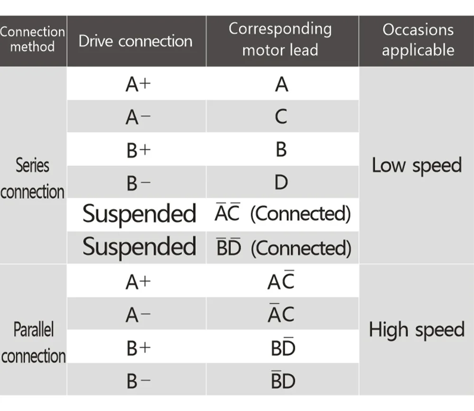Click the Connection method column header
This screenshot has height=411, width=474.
coord(33,39)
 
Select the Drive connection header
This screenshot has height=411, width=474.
coord(136,41)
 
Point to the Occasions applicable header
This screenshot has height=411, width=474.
coord(418,39)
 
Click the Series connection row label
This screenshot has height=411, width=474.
coord(33,179)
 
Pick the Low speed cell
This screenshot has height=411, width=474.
coord(417,165)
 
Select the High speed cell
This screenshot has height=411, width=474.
coord(417,330)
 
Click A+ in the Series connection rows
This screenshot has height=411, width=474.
coord(138,85)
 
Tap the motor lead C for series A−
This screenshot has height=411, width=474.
coord(281,117)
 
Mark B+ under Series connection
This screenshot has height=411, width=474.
coord(138,150)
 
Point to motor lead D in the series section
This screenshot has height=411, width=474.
coord(281,182)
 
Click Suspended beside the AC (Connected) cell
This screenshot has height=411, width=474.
coord(139,214)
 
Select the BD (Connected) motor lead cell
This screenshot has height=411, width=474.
coord(283,248)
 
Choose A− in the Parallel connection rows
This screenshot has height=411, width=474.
coord(138,315)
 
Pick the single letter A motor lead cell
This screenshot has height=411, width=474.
coord(281,85)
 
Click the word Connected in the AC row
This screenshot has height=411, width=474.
coord(301,214)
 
